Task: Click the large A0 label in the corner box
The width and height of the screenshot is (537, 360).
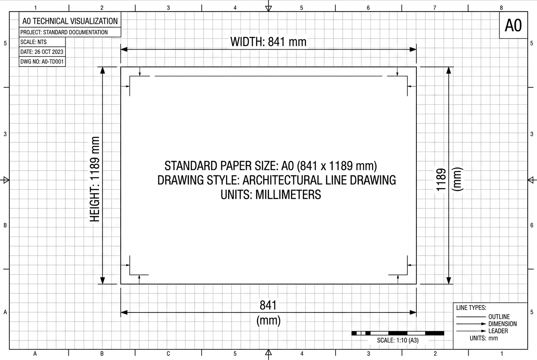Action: point(513,25)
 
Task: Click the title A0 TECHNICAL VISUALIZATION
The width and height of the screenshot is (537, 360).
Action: point(70,21)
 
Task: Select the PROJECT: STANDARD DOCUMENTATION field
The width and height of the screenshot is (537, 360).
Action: point(64,32)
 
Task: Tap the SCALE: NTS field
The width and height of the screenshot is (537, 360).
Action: point(33,42)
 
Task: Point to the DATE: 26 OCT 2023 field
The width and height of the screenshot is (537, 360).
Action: point(42,52)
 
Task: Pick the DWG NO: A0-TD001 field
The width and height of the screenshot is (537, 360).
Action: point(42,62)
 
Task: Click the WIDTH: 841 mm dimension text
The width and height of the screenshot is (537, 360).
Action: point(268,42)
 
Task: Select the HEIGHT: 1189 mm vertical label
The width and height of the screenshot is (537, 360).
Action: point(95,179)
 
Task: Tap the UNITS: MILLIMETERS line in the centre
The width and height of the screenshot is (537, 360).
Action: point(271,194)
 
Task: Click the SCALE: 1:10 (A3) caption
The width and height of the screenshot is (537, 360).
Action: point(398,340)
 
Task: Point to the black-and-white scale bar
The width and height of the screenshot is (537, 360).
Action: point(398,333)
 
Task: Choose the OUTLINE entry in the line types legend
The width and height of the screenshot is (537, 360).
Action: point(499,317)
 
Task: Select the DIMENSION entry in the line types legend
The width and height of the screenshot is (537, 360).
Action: point(503,324)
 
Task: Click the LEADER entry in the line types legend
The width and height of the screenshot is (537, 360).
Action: point(498,331)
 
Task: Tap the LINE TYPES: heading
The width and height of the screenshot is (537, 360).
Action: point(471,308)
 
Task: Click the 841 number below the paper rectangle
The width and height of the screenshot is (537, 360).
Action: point(268,305)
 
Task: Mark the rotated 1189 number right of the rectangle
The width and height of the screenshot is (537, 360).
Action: point(441,180)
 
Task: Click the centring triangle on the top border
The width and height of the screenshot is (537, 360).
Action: point(268,8)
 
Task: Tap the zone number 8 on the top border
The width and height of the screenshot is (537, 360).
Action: point(501,8)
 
